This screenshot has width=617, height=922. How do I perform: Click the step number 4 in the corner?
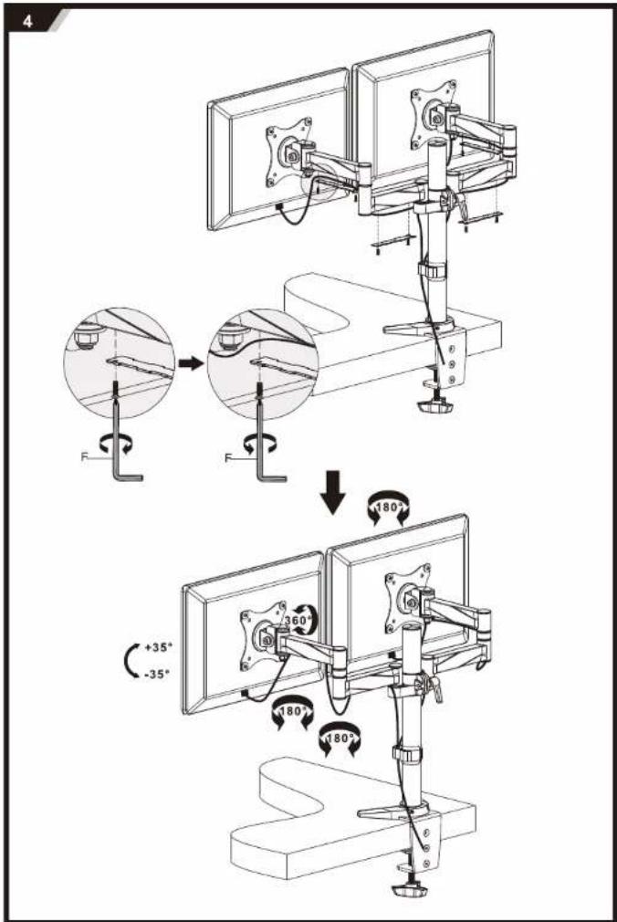click(27, 22)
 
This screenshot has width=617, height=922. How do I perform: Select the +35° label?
click(158, 647)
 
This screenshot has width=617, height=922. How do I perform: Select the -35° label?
click(157, 674)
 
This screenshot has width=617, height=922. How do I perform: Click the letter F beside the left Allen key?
click(84, 456)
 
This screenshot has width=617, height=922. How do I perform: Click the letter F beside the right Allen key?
click(228, 458)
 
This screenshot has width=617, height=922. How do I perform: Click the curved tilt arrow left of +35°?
click(129, 660)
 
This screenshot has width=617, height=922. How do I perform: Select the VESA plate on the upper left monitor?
click(288, 152)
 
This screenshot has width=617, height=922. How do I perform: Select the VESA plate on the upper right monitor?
click(434, 115)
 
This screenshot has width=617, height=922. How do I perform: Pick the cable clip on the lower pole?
click(407, 755)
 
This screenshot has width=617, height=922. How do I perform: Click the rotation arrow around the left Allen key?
click(115, 445)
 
